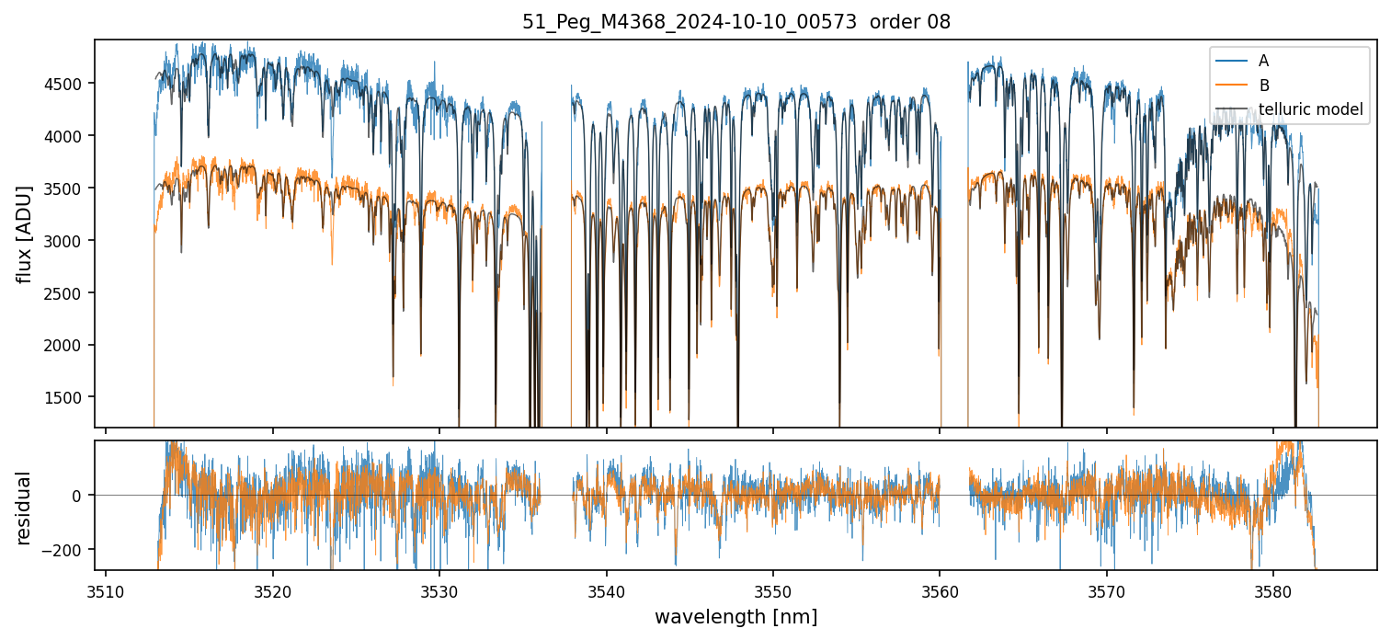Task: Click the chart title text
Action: (735, 22)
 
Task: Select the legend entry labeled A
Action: (1263, 61)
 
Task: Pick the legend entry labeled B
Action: (1263, 86)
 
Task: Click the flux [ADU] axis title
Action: (24, 234)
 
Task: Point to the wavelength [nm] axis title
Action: (735, 617)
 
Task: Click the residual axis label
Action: (24, 508)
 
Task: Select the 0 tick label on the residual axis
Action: (78, 496)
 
